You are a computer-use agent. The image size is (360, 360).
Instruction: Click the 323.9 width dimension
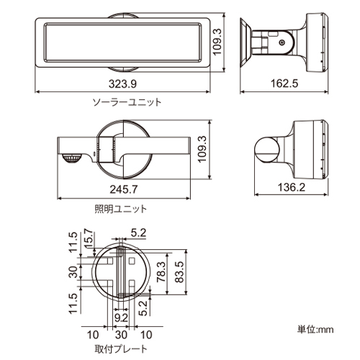[122, 84]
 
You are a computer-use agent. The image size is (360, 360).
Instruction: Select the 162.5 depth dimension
[284, 84]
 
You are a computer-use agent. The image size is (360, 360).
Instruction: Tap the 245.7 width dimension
[124, 189]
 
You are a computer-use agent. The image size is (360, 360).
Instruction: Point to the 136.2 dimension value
[292, 187]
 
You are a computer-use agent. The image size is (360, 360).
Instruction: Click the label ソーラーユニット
[127, 102]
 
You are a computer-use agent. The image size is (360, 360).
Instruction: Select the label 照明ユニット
[121, 209]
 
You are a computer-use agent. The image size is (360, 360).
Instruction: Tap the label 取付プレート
[121, 349]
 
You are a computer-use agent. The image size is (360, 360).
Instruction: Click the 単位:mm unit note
[315, 330]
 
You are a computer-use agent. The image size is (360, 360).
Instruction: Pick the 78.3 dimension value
[161, 272]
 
